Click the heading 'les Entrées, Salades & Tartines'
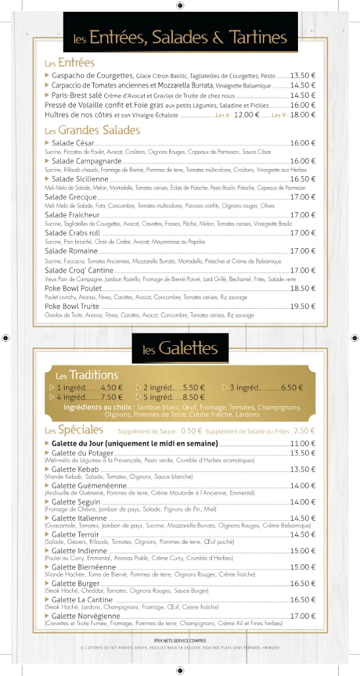tap(180, 38)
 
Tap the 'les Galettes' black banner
tap(180, 347)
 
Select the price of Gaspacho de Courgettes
tap(303, 76)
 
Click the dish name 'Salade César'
tap(73, 143)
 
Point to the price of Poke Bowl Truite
tap(303, 306)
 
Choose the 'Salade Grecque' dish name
tap(71, 197)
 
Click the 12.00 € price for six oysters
tap(247, 115)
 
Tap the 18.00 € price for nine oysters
tap(303, 115)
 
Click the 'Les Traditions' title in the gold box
tap(87, 375)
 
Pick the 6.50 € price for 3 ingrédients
tap(291, 388)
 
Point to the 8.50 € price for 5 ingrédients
tap(194, 397)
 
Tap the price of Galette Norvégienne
tap(303, 616)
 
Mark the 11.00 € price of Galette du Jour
tap(303, 444)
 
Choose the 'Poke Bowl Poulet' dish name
tap(73, 288)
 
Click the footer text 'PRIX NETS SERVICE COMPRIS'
tap(180, 640)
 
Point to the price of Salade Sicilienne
tap(303, 179)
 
